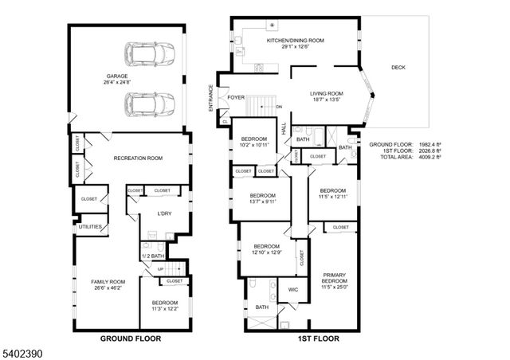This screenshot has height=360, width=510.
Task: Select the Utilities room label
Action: point(89,227)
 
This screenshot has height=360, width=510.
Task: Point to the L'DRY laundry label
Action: point(163,213)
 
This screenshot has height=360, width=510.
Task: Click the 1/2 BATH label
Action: point(153,256)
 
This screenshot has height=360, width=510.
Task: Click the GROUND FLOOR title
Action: point(130,338)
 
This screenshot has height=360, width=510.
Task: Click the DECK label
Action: point(398,68)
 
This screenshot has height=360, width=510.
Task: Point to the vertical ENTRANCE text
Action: point(211,97)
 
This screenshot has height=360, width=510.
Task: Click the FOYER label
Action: point(236,97)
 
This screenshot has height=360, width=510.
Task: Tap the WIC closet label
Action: point(292,290)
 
